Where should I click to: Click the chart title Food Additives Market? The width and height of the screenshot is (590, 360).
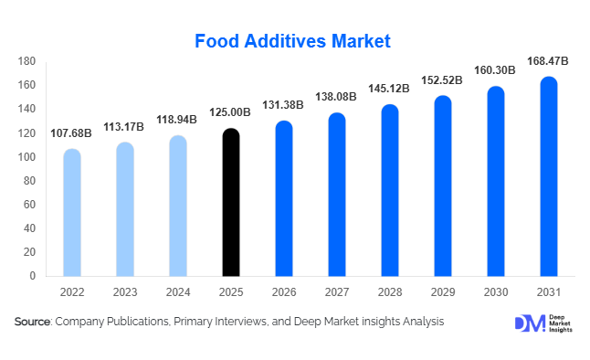click(293, 41)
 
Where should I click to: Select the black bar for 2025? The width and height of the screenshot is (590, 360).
click(231, 203)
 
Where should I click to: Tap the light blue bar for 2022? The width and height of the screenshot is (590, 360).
click(71, 213)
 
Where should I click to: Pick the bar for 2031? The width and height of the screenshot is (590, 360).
click(549, 176)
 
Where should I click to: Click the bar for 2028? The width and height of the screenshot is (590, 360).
click(390, 190)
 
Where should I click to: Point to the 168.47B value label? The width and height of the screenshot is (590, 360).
click(549, 61)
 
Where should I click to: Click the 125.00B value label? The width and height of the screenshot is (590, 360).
click(231, 114)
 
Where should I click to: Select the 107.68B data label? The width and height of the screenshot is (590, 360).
click(71, 133)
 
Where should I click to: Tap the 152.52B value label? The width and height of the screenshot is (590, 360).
click(442, 80)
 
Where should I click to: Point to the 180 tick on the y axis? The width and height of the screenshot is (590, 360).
click(26, 61)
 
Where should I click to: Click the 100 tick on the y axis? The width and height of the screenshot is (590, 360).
click(26, 157)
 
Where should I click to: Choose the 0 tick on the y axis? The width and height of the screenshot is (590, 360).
click(32, 276)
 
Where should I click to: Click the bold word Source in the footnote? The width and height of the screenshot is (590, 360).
click(33, 322)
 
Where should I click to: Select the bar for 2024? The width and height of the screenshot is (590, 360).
click(177, 206)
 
